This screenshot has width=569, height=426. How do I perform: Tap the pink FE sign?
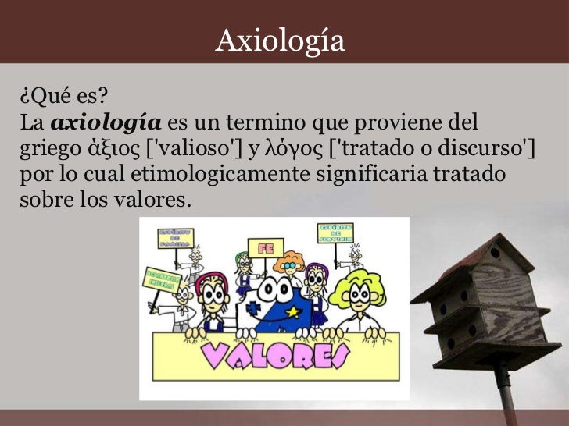point(259,249)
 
